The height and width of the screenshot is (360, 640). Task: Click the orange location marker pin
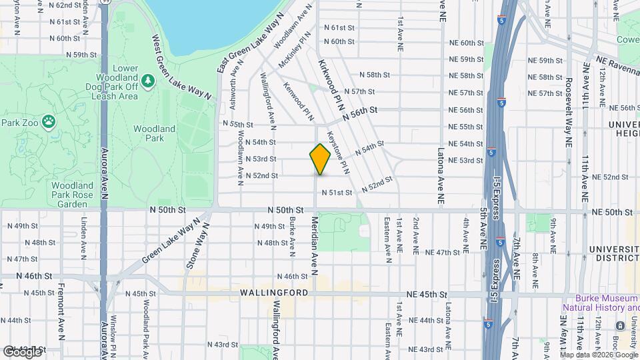320,159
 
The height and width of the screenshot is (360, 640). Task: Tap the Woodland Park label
154,133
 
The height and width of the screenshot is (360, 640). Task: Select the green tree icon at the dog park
147,81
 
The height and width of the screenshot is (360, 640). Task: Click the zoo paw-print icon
48,122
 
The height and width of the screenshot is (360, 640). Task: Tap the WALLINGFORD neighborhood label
275,293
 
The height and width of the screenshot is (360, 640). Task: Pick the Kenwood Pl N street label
299,103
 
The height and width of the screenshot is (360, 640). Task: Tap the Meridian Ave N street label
314,244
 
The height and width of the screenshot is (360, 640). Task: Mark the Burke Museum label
600,303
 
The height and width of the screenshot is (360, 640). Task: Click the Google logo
22,351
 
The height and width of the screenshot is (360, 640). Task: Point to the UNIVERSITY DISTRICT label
613,253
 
